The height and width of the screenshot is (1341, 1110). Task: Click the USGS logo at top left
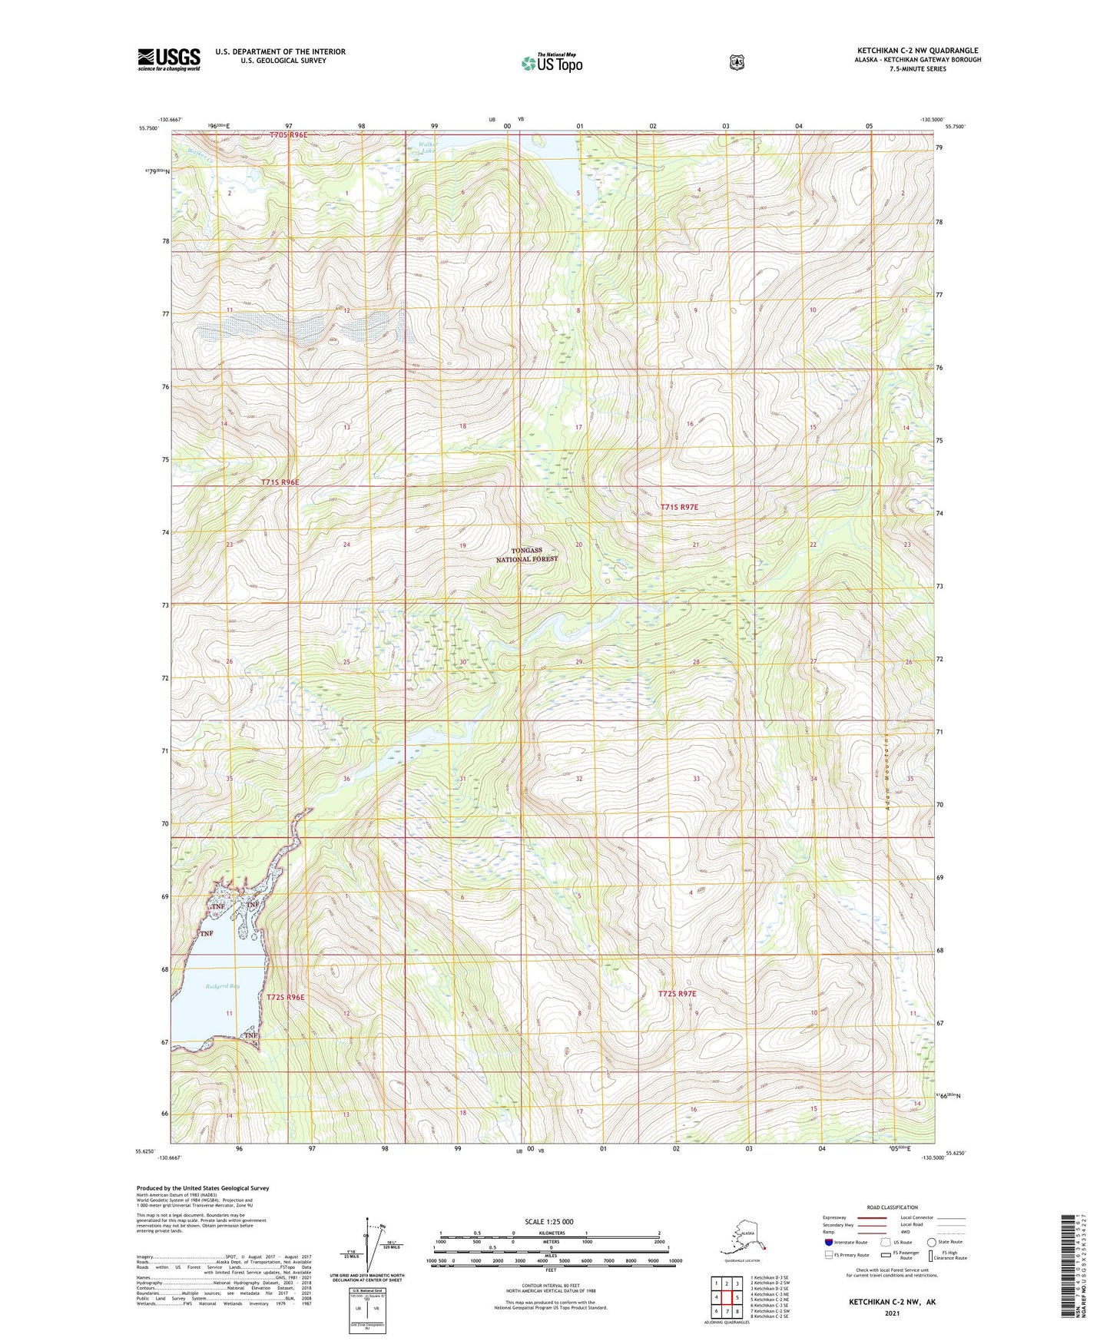[168, 59]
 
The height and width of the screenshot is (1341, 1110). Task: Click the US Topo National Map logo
[552, 62]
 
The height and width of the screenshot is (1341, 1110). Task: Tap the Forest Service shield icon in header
[737, 62]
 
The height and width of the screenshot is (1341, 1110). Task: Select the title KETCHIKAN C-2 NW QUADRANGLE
[917, 51]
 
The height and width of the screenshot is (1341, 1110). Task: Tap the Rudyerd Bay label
[223, 986]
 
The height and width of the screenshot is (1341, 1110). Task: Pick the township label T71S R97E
[679, 507]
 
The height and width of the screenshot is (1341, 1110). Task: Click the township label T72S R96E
[286, 997]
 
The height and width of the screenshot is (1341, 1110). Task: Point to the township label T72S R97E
[677, 994]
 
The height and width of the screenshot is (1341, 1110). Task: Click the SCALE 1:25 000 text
[548, 1221]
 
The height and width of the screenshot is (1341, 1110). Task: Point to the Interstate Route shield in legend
[828, 1242]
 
